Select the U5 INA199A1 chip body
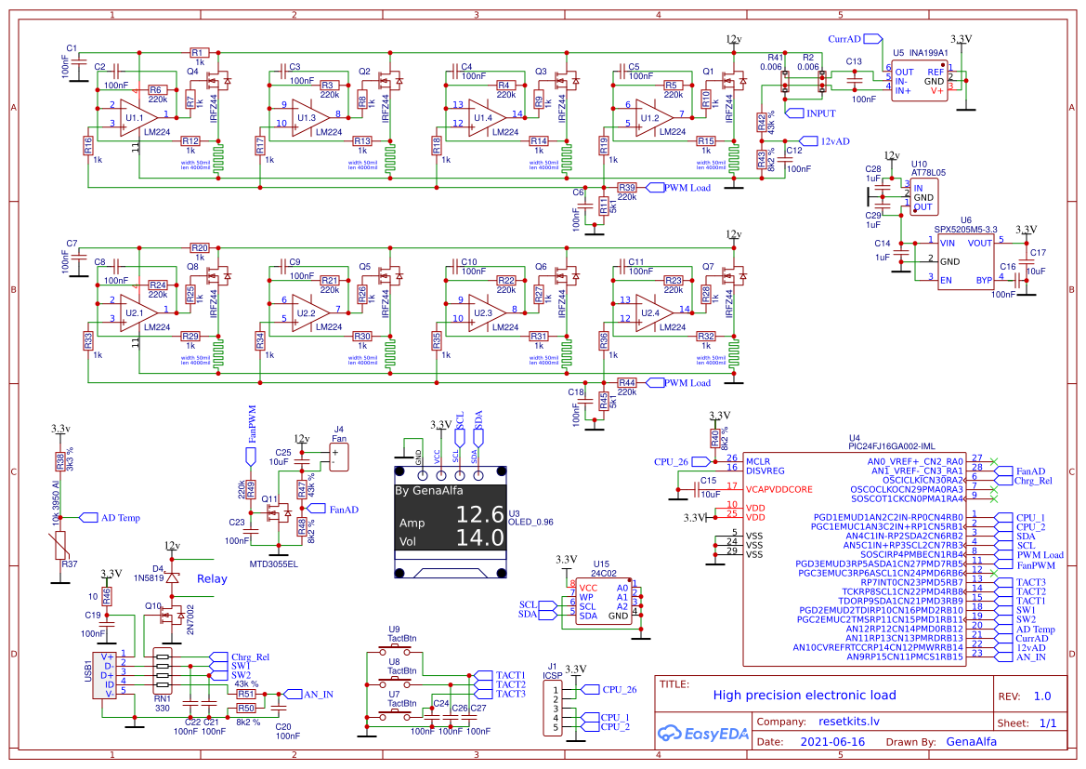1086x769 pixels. coord(920,80)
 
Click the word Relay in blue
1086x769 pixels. coord(212,578)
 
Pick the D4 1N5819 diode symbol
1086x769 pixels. coord(173,578)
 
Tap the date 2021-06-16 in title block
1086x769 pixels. coord(832,741)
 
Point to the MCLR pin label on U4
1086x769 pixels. coord(760,460)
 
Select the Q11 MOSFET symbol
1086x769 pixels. coord(275,513)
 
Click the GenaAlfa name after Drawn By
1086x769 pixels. coord(971,741)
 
